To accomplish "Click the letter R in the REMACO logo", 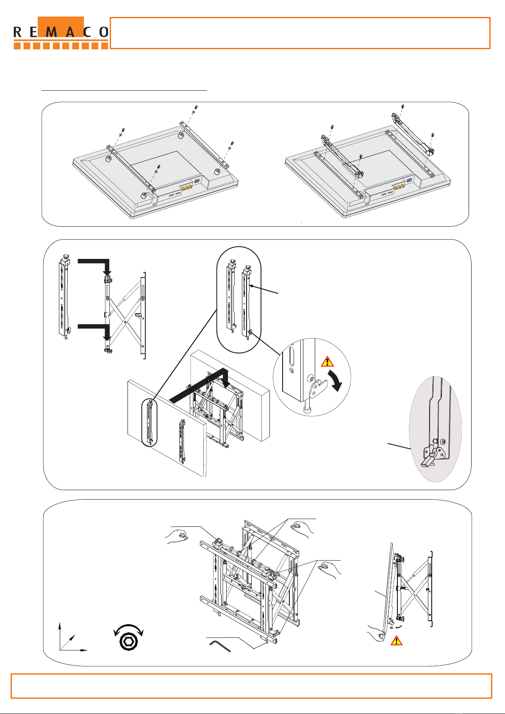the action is pyautogui.click(x=17, y=32).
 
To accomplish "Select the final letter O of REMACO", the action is pyautogui.click(x=104, y=32).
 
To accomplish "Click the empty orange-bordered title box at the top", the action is pyautogui.click(x=300, y=33).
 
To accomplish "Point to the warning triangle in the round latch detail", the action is pyautogui.click(x=327, y=362).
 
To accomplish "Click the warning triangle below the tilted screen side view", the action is pyautogui.click(x=397, y=640).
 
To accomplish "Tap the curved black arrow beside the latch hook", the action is pyautogui.click(x=336, y=380).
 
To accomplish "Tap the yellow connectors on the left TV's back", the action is pyautogui.click(x=187, y=187).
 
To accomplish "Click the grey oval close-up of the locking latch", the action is pyautogui.click(x=436, y=429).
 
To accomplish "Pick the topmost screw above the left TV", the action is pyautogui.click(x=196, y=107).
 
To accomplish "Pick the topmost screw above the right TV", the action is pyautogui.click(x=403, y=106).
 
